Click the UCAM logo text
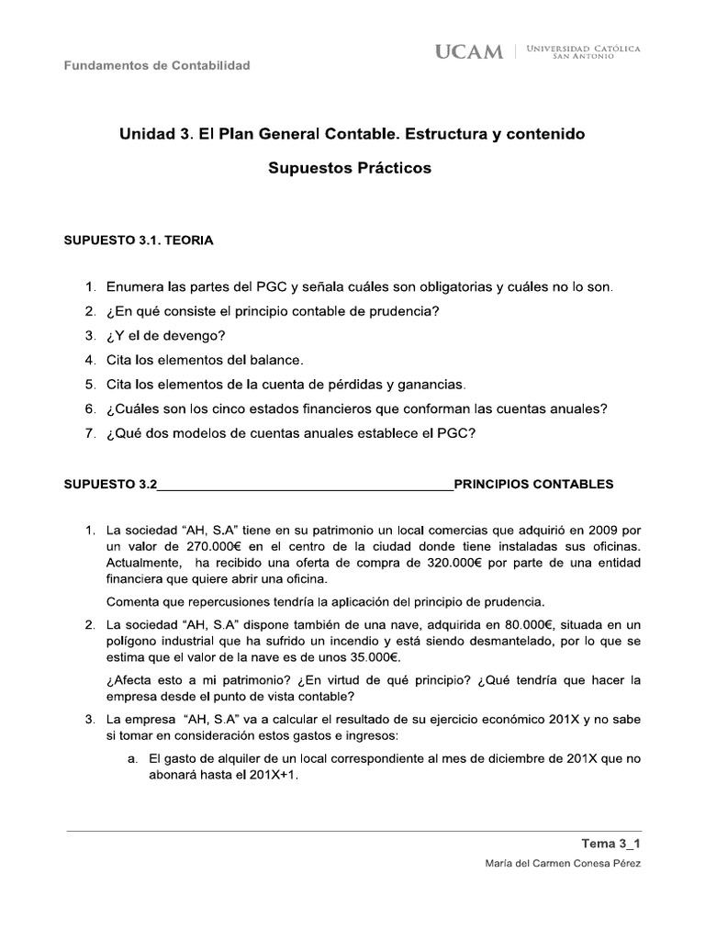tap(470, 52)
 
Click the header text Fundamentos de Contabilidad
tap(156, 65)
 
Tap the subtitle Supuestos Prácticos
tap(349, 169)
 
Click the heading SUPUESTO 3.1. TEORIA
tap(138, 241)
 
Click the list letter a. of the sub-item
tap(133, 758)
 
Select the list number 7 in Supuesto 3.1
tap(90, 433)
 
